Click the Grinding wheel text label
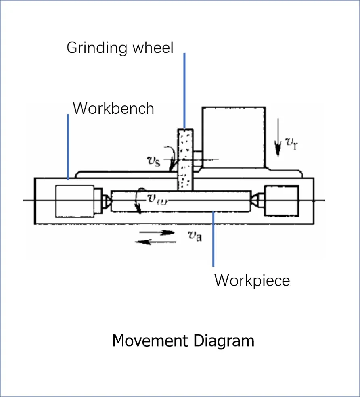pos(120,48)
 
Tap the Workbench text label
pos(113,109)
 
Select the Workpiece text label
pos(252,280)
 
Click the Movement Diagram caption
pos(183,341)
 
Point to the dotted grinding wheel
pos(185,159)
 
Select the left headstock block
pos(75,201)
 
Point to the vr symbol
pos(290,142)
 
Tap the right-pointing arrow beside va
pos(157,232)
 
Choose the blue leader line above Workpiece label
pos(213,238)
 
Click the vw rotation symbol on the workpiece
pos(154,198)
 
